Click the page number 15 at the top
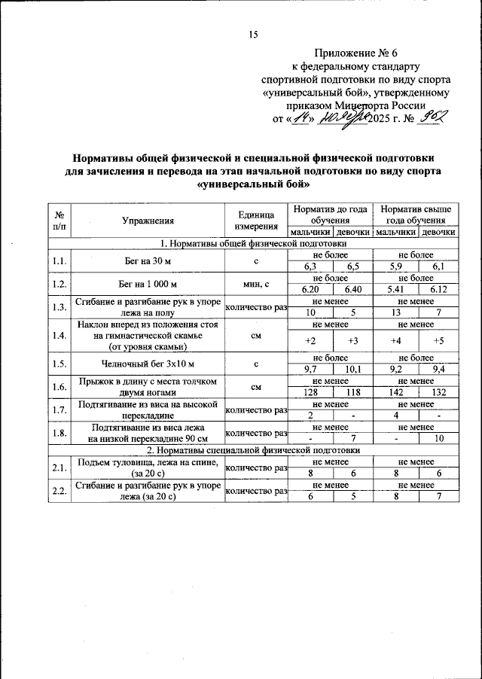[x=252, y=34]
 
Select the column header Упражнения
[x=148, y=221]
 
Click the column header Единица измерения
[x=256, y=221]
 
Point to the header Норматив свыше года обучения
[x=416, y=215]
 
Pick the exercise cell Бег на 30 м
[x=148, y=261]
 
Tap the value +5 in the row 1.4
[x=438, y=340]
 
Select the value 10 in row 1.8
[x=438, y=438]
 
